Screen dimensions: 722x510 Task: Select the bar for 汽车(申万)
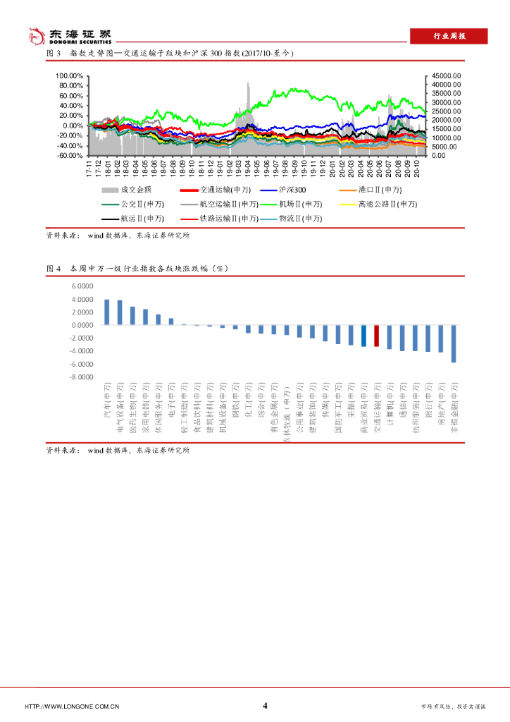107,312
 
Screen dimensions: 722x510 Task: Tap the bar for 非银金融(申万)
453,343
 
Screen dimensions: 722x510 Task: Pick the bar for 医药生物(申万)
132,316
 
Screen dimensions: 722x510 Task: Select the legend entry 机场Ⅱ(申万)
288,204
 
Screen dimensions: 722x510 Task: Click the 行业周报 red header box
449,36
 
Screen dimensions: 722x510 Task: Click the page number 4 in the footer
265,706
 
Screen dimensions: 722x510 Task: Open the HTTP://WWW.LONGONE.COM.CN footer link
71,706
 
